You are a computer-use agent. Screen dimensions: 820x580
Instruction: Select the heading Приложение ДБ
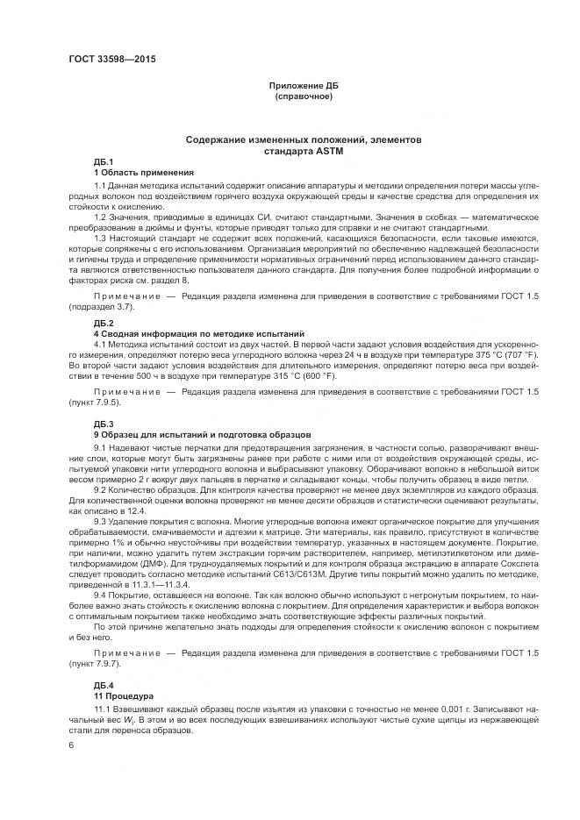coord(304,86)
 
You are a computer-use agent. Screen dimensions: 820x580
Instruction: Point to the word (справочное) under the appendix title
coord(304,96)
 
